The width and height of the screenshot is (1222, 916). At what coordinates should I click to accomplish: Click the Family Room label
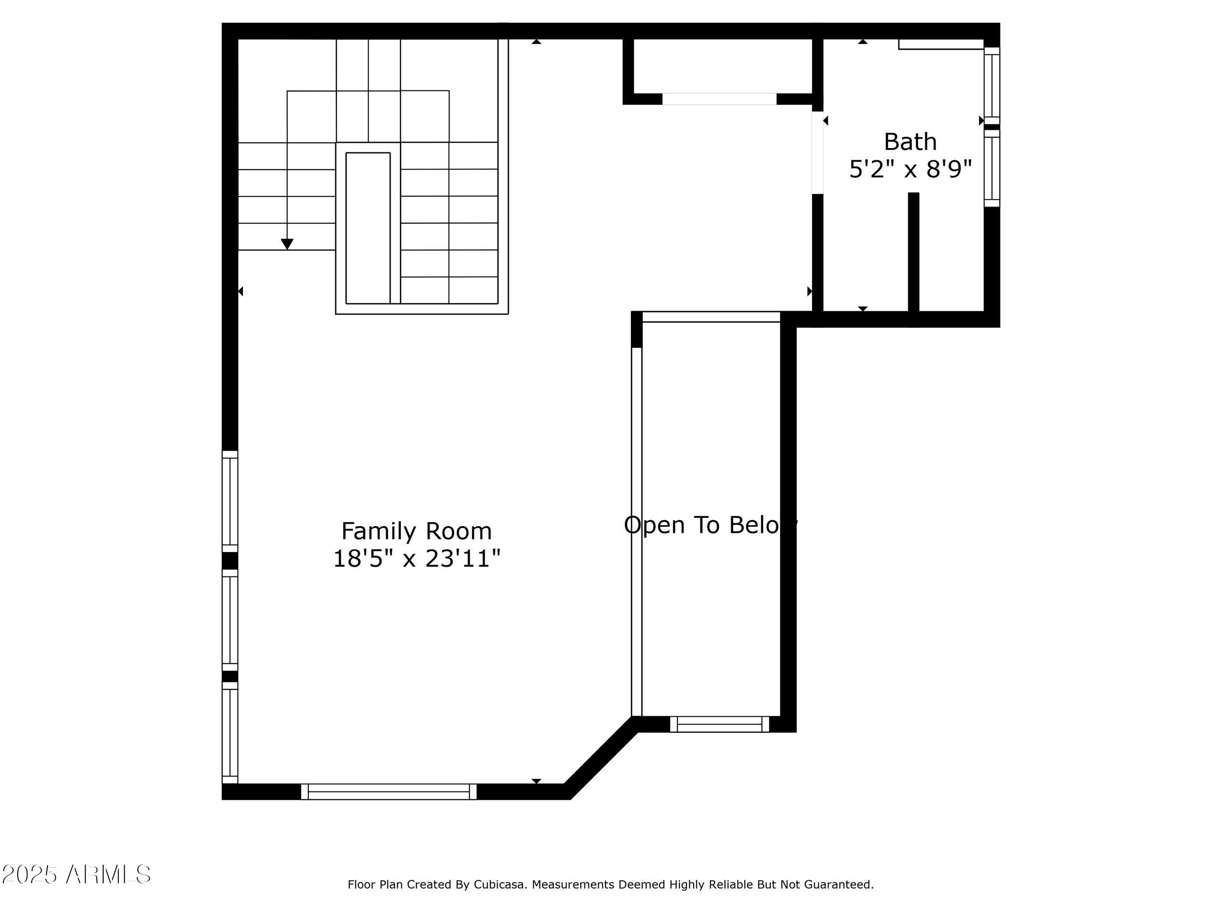[416, 531]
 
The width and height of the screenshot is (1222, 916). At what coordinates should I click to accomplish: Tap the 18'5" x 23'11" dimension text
[416, 559]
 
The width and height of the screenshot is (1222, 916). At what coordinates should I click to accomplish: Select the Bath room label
[910, 142]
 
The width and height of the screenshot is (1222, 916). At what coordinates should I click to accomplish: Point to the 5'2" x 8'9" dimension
[910, 169]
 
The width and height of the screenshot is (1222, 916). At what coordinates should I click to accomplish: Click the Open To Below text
[710, 525]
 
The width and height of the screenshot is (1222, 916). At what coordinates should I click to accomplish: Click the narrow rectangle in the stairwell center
[368, 228]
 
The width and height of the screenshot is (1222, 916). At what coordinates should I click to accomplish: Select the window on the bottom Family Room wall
[389, 791]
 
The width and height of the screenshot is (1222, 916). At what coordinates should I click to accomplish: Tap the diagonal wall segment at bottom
[601, 758]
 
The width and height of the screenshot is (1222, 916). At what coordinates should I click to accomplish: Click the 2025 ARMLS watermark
[76, 874]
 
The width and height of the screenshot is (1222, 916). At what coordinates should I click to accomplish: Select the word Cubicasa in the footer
[499, 885]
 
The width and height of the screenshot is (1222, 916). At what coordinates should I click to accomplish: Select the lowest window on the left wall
[230, 732]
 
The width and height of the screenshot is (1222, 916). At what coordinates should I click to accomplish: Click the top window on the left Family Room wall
[230, 501]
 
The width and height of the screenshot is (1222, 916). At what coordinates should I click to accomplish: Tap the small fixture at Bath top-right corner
[940, 44]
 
